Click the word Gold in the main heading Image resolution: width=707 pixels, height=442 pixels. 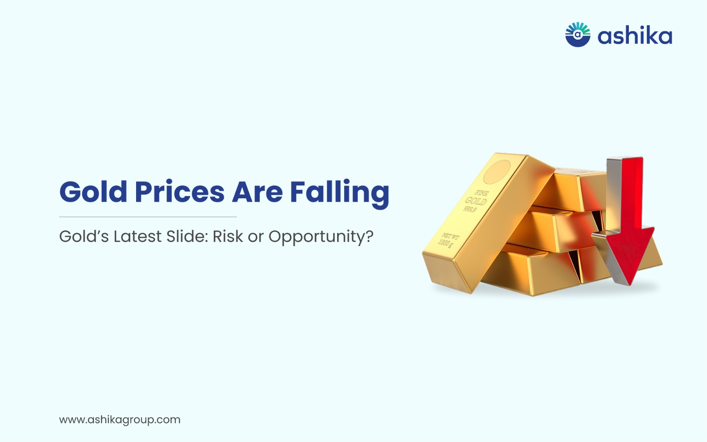pyautogui.click(x=93, y=192)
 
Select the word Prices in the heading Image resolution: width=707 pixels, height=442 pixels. pyautogui.click(x=179, y=192)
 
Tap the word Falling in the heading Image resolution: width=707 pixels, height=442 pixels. pyautogui.click(x=340, y=194)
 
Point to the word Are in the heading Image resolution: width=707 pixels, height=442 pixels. pyautogui.click(x=257, y=192)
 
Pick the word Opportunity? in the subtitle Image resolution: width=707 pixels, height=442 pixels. pyautogui.click(x=321, y=238)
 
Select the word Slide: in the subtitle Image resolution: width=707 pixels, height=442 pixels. pyautogui.click(x=187, y=236)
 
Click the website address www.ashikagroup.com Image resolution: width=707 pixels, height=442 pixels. pyautogui.click(x=120, y=420)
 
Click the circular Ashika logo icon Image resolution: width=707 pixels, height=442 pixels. pyautogui.click(x=578, y=34)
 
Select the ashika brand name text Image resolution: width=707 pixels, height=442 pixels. pyautogui.click(x=635, y=36)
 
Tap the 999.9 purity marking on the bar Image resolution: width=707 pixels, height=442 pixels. pyautogui.click(x=470, y=209)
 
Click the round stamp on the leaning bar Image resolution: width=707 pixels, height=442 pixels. pyautogui.click(x=497, y=172)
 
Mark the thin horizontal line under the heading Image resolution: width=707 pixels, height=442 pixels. pyautogui.click(x=148, y=217)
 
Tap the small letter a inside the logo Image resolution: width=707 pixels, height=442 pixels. pyautogui.click(x=578, y=35)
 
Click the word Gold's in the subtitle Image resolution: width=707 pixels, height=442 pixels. pyautogui.click(x=84, y=236)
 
